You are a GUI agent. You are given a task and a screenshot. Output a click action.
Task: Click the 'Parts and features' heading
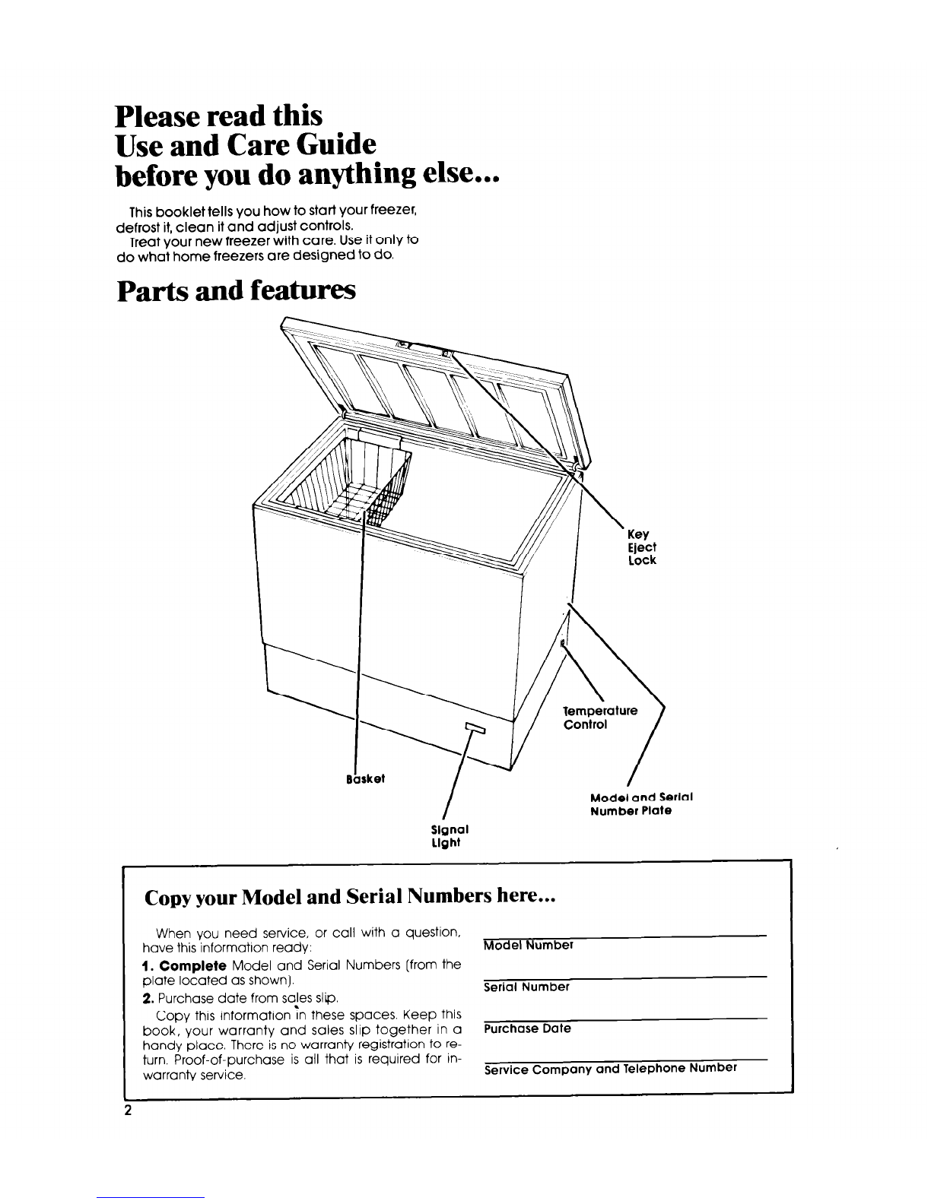coord(236,291)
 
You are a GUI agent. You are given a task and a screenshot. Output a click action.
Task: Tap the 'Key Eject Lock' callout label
coord(642,547)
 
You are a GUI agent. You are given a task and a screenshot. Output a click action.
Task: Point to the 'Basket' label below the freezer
coord(365,779)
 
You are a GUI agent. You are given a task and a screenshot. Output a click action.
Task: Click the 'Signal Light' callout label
coord(450,835)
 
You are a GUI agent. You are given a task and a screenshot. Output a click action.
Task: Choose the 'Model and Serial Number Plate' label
coord(640,804)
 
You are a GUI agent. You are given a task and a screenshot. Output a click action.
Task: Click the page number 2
coord(129,1111)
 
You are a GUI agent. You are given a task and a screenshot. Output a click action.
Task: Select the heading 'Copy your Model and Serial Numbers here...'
coord(351,897)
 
